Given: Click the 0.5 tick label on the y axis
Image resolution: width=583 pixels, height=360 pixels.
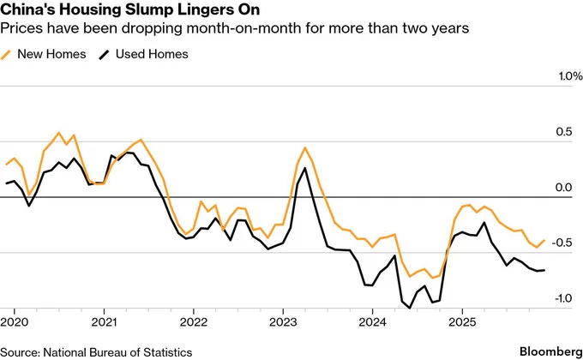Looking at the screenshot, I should [563, 132].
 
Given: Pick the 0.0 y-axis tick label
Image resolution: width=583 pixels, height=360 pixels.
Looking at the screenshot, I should [563, 188].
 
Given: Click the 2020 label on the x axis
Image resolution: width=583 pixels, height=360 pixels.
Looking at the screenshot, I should [14, 323].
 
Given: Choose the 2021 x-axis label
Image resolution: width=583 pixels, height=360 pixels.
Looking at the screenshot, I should [104, 323].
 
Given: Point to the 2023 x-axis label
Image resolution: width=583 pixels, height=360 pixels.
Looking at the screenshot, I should [282, 323].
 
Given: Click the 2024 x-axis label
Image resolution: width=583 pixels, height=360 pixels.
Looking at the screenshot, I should [372, 323].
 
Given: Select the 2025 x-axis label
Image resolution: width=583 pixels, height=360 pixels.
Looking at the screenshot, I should [461, 323].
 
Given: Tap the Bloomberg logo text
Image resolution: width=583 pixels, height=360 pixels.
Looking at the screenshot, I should [549, 351].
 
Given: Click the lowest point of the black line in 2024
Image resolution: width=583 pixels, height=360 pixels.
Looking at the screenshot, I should [403, 305].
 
